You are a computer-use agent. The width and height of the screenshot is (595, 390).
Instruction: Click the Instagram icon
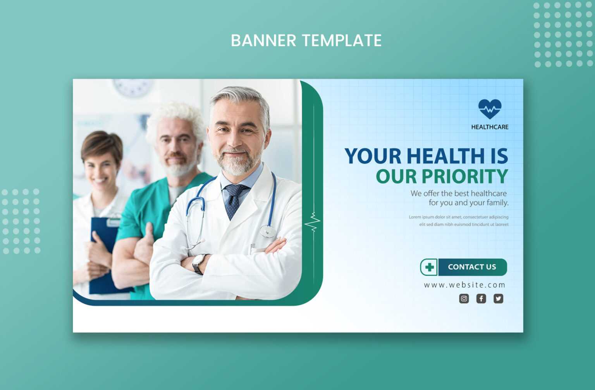(464, 299)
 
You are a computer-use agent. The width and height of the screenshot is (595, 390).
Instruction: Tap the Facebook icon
(481, 299)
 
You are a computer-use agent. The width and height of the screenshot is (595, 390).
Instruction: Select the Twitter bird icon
(498, 299)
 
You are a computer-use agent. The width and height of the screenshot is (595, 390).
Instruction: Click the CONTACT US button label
(472, 267)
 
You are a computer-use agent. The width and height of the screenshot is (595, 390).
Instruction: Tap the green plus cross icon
(429, 267)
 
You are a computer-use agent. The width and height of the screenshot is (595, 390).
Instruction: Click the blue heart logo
(490, 109)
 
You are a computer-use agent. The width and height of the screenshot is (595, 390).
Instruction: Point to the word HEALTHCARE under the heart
(490, 127)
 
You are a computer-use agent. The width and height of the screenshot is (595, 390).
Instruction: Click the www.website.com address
(464, 285)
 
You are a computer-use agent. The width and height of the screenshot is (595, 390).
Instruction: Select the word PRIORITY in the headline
(464, 176)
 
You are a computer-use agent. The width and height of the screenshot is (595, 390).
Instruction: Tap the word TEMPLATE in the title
(342, 40)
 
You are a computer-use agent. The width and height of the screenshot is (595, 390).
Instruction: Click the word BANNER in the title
(263, 40)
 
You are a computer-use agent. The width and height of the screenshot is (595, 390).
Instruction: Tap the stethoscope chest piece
(267, 231)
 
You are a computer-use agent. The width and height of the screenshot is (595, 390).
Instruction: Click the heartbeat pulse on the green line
(313, 223)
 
